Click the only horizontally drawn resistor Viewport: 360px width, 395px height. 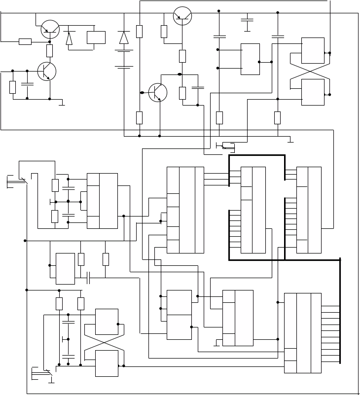pos(25,41)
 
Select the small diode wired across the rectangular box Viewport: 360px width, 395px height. pos(69,38)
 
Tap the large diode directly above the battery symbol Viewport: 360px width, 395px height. pos(124,37)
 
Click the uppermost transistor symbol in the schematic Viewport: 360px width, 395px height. pos(182,16)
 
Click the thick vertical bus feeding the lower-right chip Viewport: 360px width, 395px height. pos(340,311)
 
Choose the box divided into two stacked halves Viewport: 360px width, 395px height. pos(179,315)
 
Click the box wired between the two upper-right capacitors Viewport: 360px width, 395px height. pos(250,59)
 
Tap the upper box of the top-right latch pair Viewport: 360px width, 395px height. pos(313,50)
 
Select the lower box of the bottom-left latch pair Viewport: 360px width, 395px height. pos(107,363)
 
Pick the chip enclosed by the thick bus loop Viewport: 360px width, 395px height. pos(253,210)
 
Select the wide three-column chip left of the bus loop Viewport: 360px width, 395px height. pos(185,210)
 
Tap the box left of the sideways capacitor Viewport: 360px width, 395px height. pos(65,268)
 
